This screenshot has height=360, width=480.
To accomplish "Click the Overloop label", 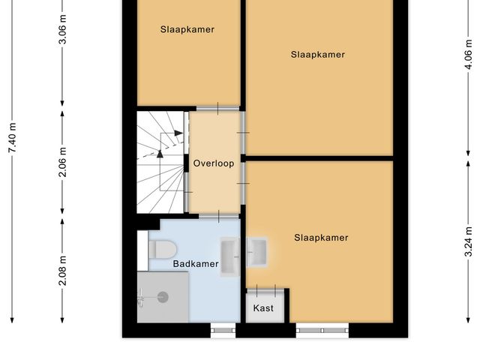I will coord(214,163).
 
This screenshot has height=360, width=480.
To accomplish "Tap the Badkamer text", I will coord(196,263).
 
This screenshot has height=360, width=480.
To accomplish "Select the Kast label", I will coord(263,308).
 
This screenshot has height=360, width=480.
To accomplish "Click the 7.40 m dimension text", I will coord(11,139).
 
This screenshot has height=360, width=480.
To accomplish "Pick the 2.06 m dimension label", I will coord(63,163).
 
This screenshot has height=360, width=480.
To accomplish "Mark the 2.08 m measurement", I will coord(63,270).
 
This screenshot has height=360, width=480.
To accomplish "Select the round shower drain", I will coord(163,297).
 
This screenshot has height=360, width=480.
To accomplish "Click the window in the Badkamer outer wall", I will coord(222,328).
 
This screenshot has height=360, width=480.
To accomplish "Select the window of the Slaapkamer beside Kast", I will coord(322,328).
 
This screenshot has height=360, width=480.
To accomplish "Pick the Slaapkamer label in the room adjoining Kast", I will coord(321,238).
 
